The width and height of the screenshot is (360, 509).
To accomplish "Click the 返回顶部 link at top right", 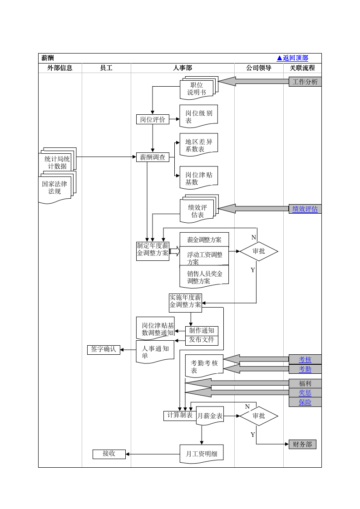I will tap(293, 58).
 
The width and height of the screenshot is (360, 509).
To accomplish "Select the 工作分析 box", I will tap(305, 82).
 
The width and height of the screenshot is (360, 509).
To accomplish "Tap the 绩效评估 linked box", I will tap(305, 209).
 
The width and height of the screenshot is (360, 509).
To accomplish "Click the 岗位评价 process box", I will tap(153, 119).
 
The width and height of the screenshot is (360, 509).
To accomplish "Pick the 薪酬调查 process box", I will tap(153, 157).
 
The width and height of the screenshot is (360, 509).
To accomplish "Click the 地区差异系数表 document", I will tap(198, 145).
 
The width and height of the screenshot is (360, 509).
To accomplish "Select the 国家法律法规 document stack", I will tap(55, 188).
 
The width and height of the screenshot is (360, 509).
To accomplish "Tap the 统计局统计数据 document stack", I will tap(57, 162).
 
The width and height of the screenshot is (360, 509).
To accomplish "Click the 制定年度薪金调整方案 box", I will tap(153, 251).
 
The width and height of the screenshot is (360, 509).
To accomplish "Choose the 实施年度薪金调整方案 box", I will tap(185, 303).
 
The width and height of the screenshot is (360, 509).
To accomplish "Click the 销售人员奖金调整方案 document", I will tap(204, 277).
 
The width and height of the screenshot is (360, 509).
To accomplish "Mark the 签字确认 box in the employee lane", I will tap(104, 350).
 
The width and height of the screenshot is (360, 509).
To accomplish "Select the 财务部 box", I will tap(302, 445).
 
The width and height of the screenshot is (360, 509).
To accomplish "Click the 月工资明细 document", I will tap(202, 454).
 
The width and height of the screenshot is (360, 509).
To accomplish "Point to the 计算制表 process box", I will tap(180, 416).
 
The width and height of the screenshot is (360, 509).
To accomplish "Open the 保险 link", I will tap(305, 402).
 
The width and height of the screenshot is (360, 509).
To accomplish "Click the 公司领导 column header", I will tap(259, 68).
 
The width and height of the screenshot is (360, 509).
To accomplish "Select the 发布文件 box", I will tap(202, 340).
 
